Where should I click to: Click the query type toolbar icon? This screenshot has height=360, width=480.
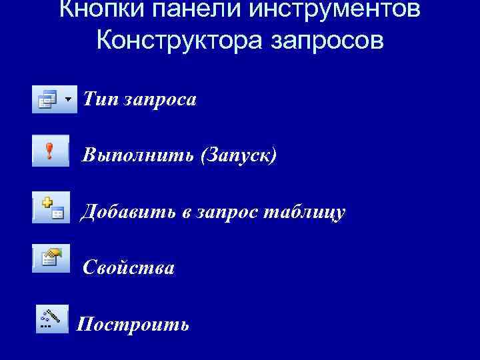coord(47,99)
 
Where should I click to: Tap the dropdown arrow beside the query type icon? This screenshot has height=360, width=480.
coord(69,99)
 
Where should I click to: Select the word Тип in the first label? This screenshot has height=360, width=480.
coord(99,99)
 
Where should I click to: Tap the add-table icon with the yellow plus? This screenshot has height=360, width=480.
coord(52,208)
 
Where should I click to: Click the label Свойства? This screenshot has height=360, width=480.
coord(129,268)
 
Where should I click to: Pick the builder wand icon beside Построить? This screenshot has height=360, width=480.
coord(51,319)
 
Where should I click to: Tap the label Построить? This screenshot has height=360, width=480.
coord(133,325)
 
